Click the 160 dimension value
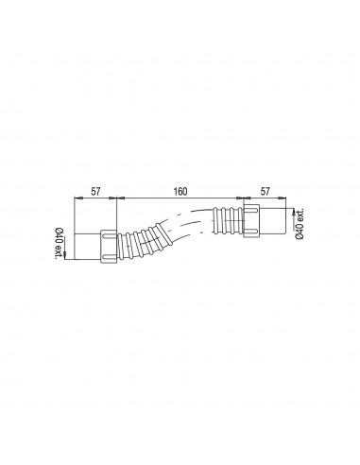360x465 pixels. [180, 191]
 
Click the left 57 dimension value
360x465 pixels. [95, 191]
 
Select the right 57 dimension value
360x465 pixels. [266, 191]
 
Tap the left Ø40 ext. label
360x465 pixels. [59, 243]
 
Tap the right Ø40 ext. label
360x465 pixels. [300, 223]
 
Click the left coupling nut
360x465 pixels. [109, 247]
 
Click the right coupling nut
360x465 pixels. [251, 220]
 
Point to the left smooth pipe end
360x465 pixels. [88, 247]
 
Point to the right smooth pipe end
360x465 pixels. [273, 220]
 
